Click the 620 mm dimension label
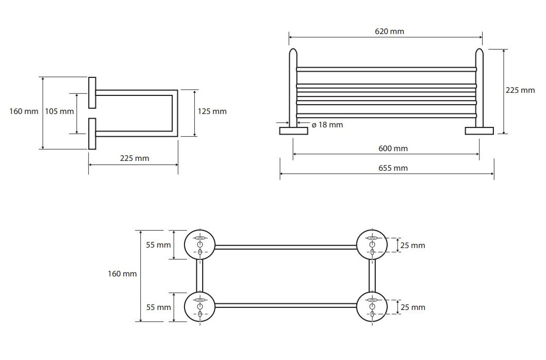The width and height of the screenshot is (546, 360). tap(389, 31)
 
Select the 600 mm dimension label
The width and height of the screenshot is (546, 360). tap(393, 149)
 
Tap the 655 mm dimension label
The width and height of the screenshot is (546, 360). tap(393, 168)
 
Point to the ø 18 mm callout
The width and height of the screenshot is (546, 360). tap(327, 125)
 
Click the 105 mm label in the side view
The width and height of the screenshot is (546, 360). tap(59, 111)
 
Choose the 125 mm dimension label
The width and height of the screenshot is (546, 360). tap(212, 111)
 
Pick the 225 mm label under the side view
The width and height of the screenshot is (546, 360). tap(135, 158)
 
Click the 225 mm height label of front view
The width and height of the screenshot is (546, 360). tap(520, 90)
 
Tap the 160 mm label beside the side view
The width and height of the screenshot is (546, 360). tap(24, 111)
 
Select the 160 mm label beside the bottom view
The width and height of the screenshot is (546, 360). tap(122, 274)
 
